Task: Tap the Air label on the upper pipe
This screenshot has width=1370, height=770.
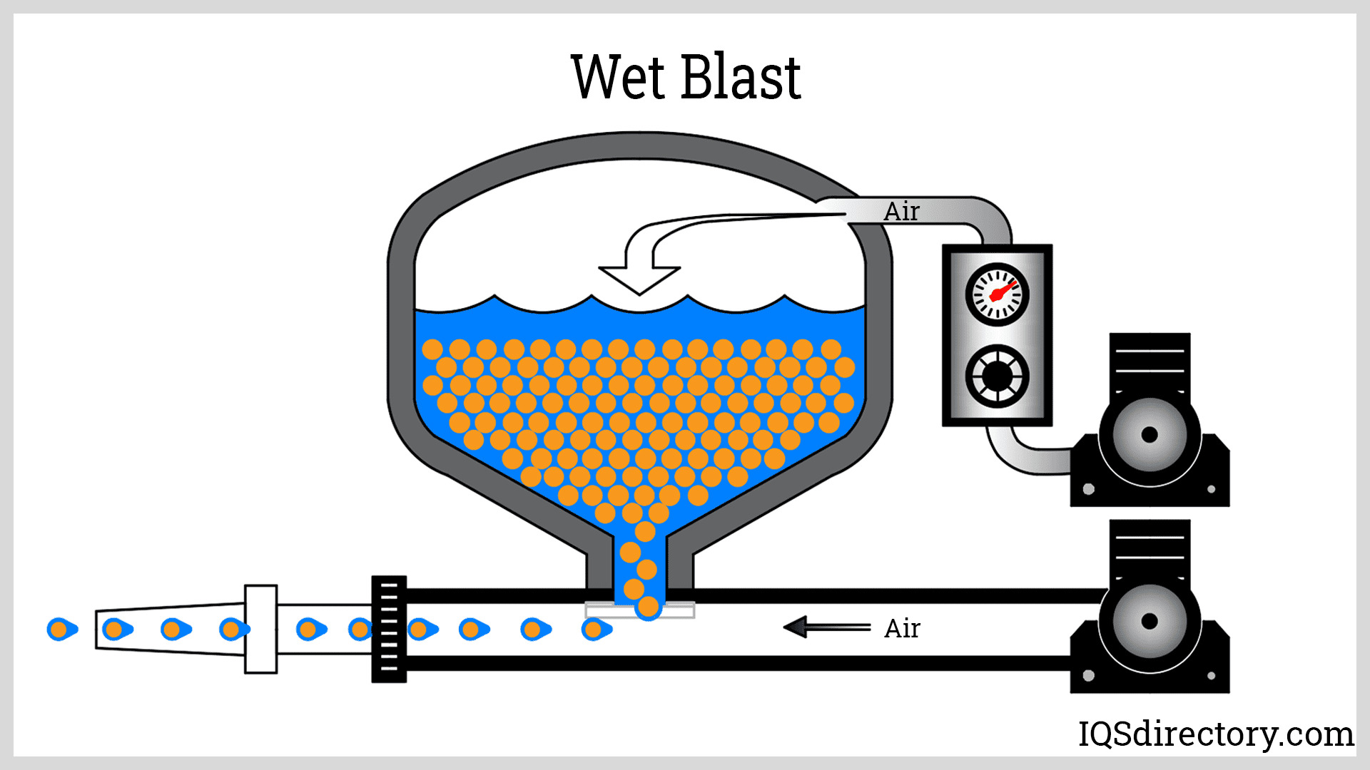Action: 902,212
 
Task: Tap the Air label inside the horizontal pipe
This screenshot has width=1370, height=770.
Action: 903,629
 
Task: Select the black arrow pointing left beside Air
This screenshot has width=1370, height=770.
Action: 826,627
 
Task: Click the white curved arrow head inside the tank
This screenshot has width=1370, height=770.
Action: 639,279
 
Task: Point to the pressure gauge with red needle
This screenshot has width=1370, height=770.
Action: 997,294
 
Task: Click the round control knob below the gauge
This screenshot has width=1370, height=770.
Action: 997,376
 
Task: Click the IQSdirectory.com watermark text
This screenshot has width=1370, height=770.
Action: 1215,734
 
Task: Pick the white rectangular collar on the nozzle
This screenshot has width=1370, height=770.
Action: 260,629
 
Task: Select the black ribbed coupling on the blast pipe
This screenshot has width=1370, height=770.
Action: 389,629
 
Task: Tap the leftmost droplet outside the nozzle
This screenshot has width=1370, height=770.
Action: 61,630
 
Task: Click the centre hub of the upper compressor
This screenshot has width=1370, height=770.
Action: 1149,435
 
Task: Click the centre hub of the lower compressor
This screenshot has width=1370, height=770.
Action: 1149,621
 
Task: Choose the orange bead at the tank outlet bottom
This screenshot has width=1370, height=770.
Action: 648,607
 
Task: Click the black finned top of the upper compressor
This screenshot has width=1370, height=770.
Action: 1150,361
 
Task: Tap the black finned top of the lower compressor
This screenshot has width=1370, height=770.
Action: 1150,548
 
